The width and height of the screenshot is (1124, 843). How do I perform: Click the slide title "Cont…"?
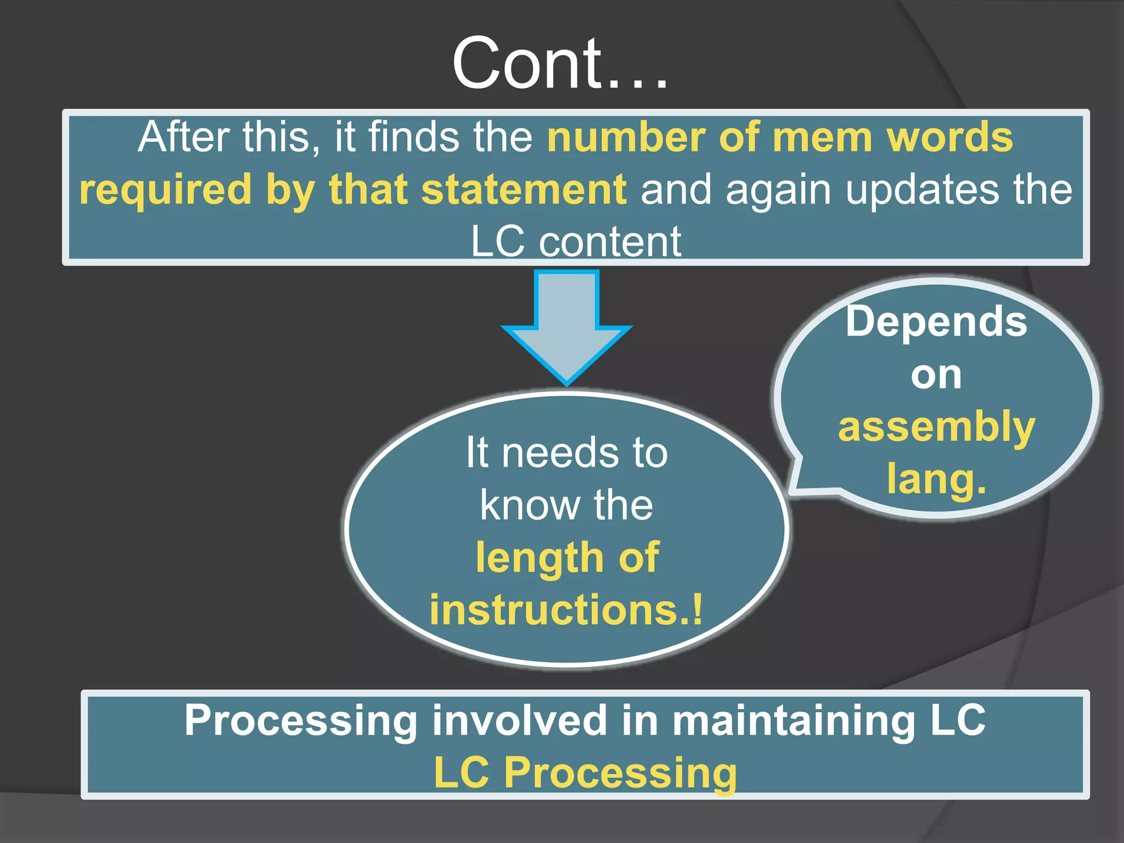coord(560,63)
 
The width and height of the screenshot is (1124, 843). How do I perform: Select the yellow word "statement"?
coord(524,189)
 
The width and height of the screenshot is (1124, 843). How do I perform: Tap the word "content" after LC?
coord(609,241)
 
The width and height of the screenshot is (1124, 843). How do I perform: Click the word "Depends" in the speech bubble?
coord(936,322)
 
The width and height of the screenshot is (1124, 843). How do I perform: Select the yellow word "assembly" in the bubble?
coord(936,427)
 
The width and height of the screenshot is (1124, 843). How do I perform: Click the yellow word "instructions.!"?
coord(566,610)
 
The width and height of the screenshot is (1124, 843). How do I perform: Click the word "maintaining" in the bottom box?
coord(793,720)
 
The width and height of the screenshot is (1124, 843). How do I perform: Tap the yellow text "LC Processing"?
coord(585,773)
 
